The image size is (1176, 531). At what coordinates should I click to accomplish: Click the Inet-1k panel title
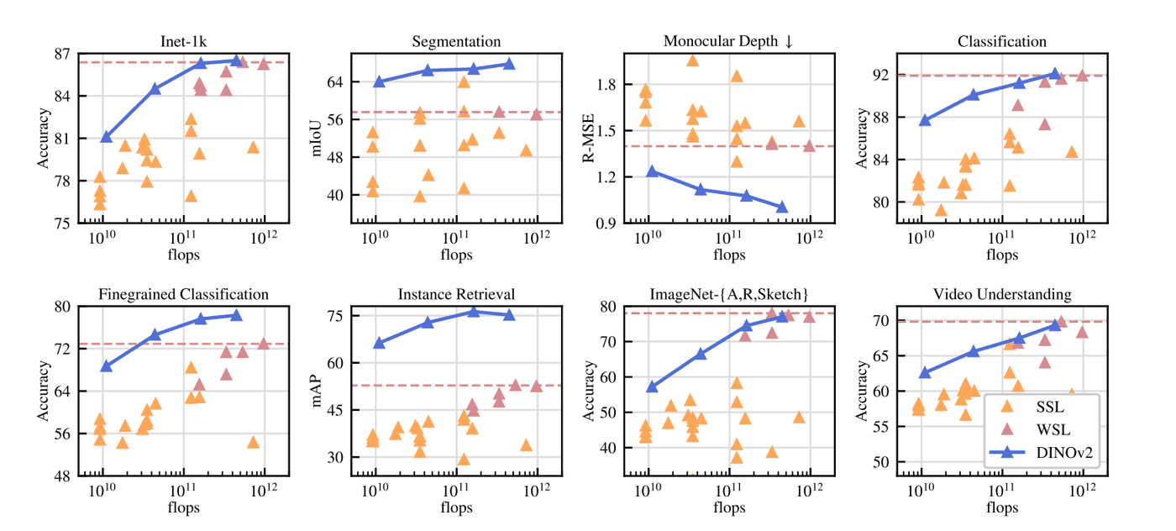click(183, 41)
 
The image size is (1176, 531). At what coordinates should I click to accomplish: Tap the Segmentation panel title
click(456, 41)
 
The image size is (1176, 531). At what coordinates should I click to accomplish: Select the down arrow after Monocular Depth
click(789, 41)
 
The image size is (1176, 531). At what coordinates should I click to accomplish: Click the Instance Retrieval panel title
click(456, 294)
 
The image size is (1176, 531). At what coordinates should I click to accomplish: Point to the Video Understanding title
click(1002, 294)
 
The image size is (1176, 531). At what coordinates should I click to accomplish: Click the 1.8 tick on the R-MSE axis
click(606, 85)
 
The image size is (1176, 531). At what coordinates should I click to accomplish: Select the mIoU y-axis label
click(317, 138)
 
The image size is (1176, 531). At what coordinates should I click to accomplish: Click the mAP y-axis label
click(317, 392)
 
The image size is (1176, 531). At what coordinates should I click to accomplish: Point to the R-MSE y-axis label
click(589, 138)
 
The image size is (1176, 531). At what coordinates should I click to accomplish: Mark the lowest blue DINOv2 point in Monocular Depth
click(782, 207)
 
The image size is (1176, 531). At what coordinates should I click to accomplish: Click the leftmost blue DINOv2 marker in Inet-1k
click(106, 137)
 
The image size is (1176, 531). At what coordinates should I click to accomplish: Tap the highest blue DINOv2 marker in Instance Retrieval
click(474, 312)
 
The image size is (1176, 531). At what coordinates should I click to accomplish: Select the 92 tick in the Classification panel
click(880, 75)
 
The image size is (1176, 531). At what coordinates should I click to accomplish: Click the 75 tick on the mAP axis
click(334, 316)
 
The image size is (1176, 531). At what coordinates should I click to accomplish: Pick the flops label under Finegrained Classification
click(183, 507)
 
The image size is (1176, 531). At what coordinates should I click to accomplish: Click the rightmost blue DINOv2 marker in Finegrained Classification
click(236, 315)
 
